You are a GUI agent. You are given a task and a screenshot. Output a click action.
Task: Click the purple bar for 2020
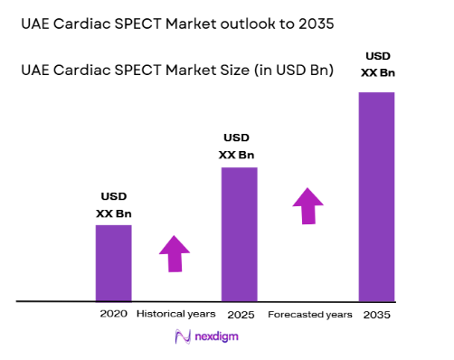tap(113, 262)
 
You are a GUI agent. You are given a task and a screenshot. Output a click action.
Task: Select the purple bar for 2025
tap(240, 233)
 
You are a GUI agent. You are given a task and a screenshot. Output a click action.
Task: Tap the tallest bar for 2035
tap(377, 196)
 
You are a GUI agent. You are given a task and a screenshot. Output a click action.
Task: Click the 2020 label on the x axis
tap(113, 314)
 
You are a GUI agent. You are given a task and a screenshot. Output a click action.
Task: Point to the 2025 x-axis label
tap(240, 314)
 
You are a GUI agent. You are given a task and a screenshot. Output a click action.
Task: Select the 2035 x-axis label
tap(377, 314)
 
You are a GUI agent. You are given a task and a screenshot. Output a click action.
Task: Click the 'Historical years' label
tap(175, 314)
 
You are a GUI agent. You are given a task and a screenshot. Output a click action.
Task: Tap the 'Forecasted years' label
tap(309, 314)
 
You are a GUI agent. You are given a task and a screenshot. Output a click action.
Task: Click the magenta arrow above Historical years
tap(175, 253)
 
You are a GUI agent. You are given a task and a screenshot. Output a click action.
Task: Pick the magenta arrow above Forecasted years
tap(308, 206)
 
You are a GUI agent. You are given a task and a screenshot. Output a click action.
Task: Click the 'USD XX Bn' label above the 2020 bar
tap(113, 205)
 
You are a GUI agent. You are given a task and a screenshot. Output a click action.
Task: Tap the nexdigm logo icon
tap(179, 337)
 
